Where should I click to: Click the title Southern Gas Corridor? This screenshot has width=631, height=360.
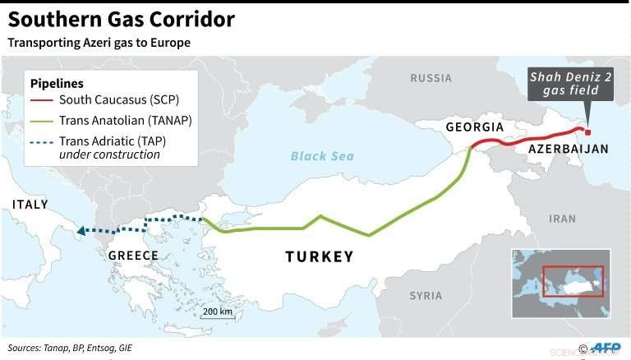pos(122,20)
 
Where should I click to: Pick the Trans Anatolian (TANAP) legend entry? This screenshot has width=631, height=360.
pos(118,120)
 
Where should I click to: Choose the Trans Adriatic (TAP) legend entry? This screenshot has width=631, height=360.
pos(110,139)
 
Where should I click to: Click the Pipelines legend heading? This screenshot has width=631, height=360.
pos(57,84)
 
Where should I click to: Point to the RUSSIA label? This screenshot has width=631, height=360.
pos(431,78)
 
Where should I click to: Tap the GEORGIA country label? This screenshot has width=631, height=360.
pos(474,127)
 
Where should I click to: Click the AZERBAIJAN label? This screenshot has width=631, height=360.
pos(568,149)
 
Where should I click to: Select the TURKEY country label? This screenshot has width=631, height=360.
pos(320,256)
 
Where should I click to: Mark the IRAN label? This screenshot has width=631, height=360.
pos(563,219)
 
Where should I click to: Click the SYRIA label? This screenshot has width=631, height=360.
pos(426,295)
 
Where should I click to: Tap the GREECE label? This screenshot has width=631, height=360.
pos(133,256)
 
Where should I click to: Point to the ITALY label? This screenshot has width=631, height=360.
pos(30,204)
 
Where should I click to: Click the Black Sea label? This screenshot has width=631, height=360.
pos(321,156)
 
